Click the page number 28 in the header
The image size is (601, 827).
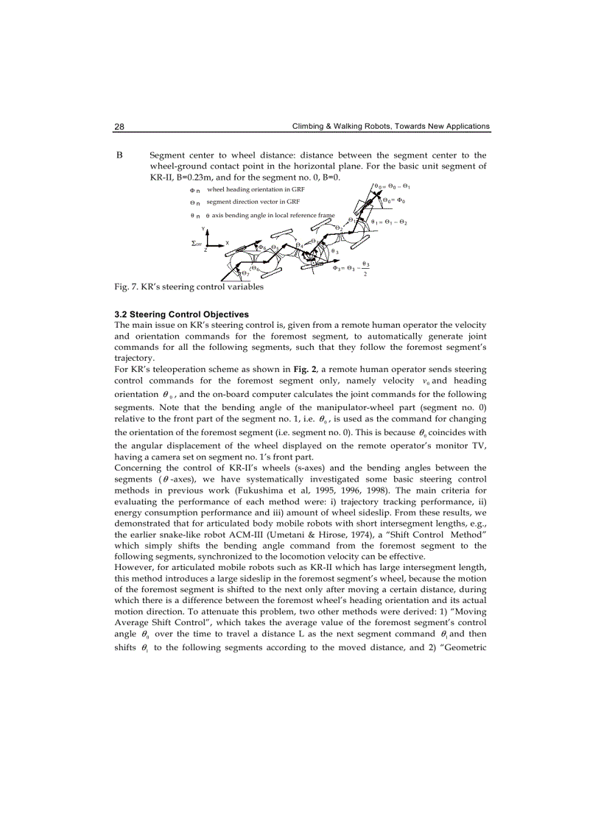tap(119, 127)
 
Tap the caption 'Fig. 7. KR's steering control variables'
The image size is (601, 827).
tap(189, 287)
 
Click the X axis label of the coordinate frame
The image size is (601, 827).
tap(227, 242)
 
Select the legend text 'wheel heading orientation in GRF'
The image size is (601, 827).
tap(245, 190)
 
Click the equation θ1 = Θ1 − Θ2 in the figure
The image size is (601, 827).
tap(390, 222)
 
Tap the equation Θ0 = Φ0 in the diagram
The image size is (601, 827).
tap(394, 200)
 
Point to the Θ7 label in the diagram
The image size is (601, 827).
tap(244, 275)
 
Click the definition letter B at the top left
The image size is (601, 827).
tap(119, 155)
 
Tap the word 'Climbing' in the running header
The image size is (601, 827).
tap(309, 127)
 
